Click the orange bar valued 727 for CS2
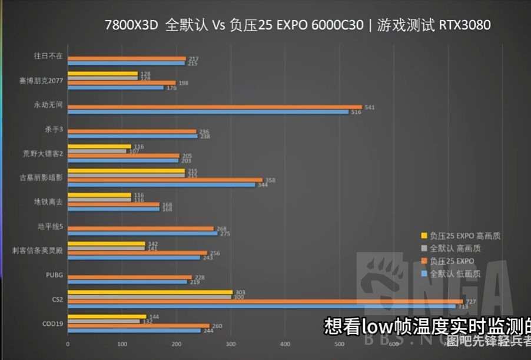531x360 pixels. coord(265,301)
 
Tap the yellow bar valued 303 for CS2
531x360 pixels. coord(150,292)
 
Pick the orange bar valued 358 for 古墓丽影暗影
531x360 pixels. coord(165,180)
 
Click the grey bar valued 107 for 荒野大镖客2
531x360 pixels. coord(97,151)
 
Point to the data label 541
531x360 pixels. coord(370,107)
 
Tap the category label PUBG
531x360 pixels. coord(54,275)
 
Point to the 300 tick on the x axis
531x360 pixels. coord(231,344)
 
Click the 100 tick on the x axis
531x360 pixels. coord(122,344)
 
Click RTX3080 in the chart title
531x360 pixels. coord(464,25)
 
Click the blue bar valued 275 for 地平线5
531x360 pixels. coord(141,233)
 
